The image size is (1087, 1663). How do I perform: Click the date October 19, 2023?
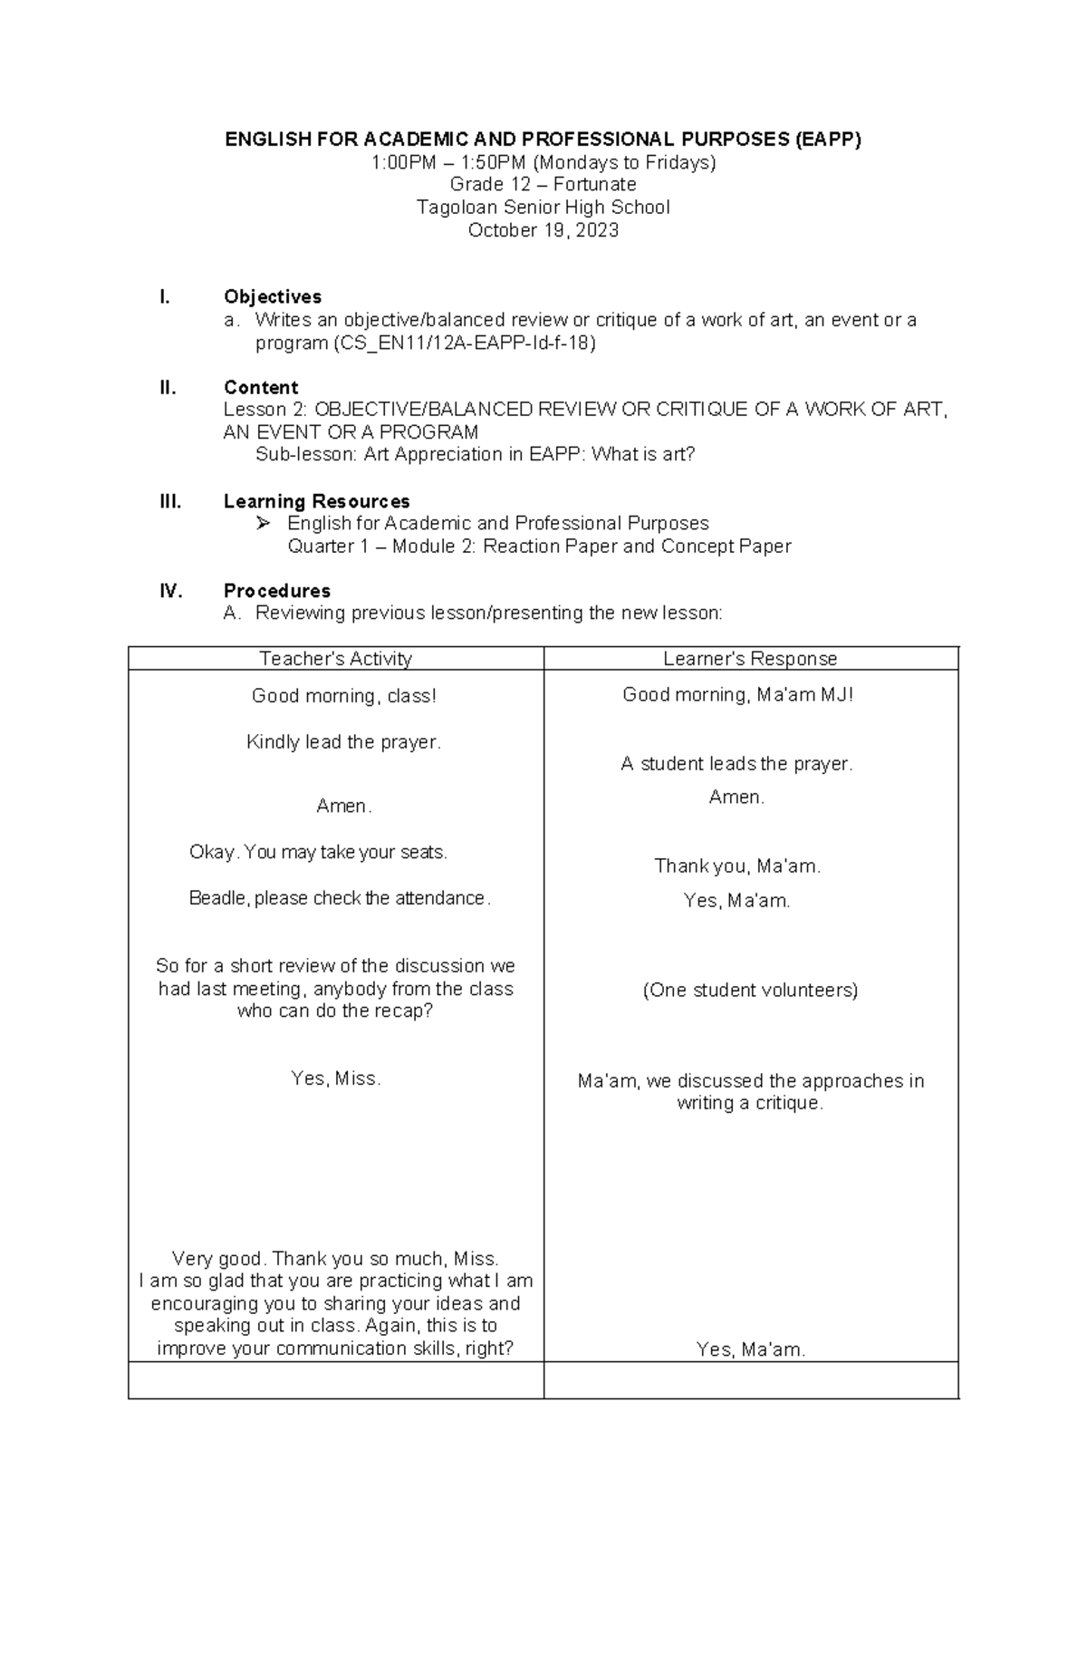point(543,230)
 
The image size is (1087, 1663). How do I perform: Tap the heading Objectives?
point(273,297)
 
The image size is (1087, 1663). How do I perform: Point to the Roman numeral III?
point(170,501)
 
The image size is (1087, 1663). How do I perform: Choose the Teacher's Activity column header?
point(335,659)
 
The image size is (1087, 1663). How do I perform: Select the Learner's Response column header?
point(750,659)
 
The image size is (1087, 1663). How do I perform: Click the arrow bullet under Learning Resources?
point(264,523)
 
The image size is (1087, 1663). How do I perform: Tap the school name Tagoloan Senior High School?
point(543,208)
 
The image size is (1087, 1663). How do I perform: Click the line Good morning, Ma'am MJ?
point(737,695)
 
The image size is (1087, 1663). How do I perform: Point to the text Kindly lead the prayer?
point(343,742)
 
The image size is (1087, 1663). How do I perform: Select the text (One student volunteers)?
point(750,990)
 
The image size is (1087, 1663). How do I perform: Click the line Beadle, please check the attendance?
point(340,898)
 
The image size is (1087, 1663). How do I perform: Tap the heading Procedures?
point(276,591)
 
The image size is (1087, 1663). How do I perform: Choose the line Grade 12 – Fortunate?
point(543,185)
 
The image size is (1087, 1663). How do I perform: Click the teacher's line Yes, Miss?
point(335,1078)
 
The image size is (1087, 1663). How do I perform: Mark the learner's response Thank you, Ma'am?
point(737,866)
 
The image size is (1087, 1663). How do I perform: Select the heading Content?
point(261,388)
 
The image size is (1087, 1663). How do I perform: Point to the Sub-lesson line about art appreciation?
point(475,455)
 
